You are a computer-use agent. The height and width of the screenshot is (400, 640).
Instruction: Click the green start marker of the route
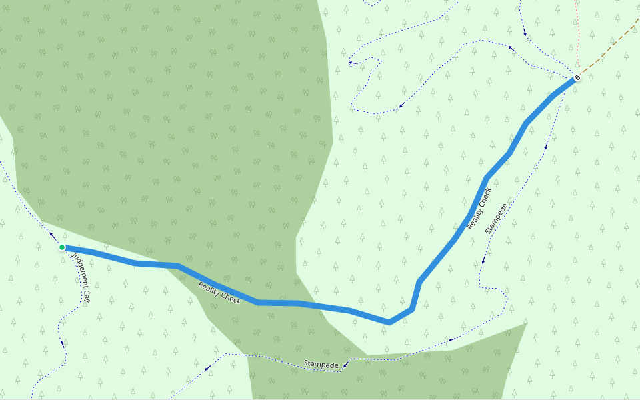pos(62,247)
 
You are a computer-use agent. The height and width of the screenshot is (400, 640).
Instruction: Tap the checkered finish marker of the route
pos(577,78)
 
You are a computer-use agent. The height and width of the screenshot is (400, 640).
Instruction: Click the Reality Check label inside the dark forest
pos(219,292)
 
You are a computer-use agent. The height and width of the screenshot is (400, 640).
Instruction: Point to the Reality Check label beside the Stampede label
pos(479,209)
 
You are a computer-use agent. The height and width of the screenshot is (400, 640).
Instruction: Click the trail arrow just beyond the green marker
pos(52,235)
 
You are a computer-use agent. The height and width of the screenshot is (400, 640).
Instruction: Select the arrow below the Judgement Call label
pos(63,343)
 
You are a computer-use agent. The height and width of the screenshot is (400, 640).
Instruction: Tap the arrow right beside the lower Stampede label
pos(345,365)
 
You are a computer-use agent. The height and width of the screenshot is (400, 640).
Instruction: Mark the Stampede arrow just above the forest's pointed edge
pos(451,340)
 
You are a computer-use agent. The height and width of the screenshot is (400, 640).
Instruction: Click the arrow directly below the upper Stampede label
pos(483,261)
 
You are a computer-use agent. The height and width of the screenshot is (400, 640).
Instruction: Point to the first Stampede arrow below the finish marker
pos(546,147)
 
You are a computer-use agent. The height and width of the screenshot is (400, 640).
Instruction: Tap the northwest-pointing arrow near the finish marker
pos(512,47)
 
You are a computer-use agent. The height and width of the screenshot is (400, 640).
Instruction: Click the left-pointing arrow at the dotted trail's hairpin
pos(351,63)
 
